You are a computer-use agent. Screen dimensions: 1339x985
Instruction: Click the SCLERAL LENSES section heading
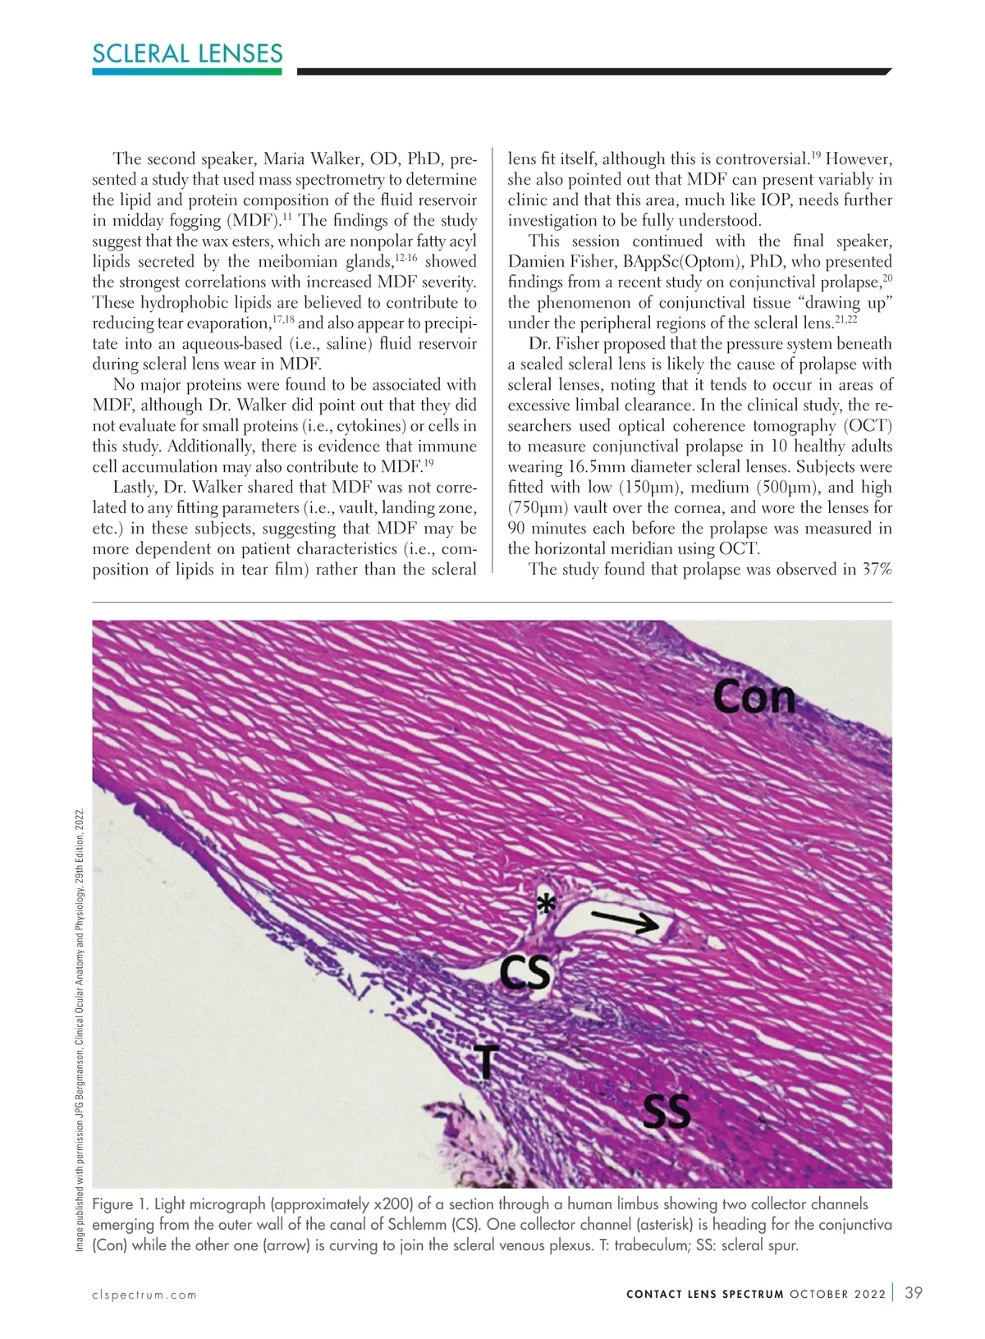coord(187,54)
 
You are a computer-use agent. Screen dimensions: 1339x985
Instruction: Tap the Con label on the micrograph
coord(754,697)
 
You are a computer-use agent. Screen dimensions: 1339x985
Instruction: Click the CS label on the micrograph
coord(525,974)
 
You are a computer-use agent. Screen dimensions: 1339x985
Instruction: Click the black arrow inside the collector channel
coord(622,923)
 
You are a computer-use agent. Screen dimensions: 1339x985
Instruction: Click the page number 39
coord(914,1293)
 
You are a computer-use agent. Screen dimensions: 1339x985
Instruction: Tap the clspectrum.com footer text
coord(144,1295)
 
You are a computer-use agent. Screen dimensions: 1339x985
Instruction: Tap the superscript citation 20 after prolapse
coord(887,278)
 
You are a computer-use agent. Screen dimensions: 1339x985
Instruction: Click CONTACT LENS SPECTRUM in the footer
coord(704,1295)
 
